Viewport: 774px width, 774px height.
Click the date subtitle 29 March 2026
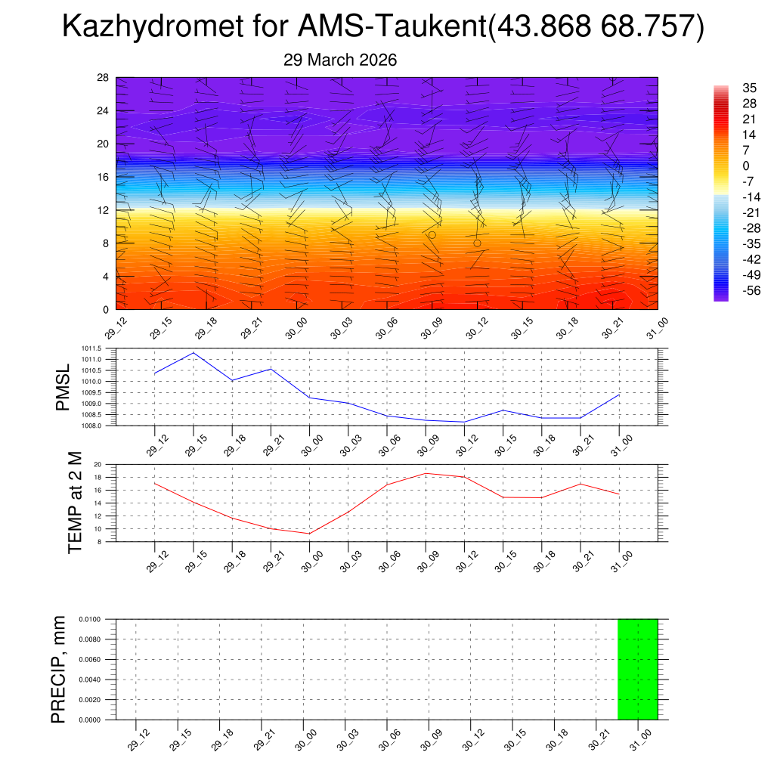(340, 60)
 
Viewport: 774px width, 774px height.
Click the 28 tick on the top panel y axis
(104, 78)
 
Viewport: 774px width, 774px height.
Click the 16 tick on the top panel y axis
(104, 177)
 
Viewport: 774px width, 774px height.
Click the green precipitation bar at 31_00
(637, 669)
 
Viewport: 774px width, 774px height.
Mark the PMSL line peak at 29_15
(193, 353)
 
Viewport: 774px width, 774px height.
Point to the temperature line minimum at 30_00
(310, 534)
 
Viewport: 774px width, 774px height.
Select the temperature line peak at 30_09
(426, 473)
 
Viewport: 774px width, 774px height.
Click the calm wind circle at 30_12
(478, 243)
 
